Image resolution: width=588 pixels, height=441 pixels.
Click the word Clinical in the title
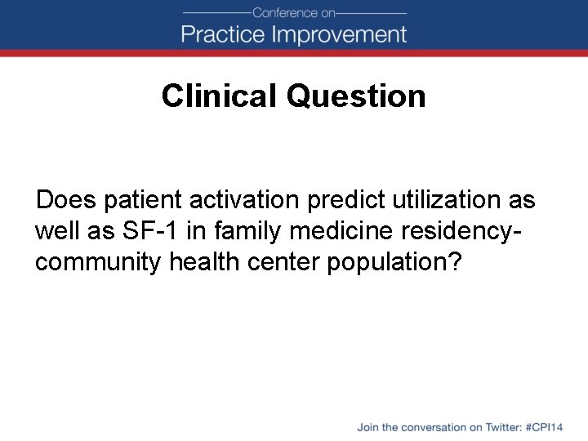coord(220,96)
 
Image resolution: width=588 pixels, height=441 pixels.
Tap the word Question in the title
coord(356,96)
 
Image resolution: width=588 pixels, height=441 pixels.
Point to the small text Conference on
coord(294,12)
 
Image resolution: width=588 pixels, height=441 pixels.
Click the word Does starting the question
coord(67,200)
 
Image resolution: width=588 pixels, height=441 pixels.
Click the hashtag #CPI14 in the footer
coord(546,427)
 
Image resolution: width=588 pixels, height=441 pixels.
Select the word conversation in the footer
coord(430,427)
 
